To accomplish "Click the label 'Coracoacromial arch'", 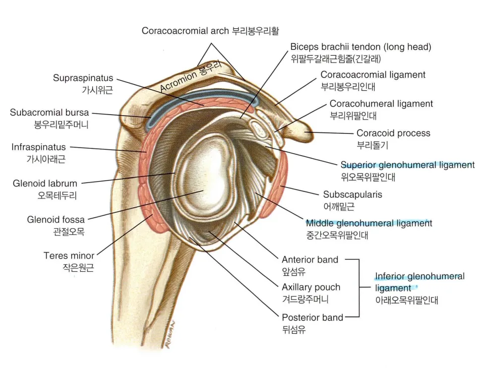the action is point(185,31).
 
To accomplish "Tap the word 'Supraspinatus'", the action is point(83,78).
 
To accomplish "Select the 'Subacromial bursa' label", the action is point(50,113).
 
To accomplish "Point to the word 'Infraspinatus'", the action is point(39,147).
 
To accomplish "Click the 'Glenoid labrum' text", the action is point(45,184).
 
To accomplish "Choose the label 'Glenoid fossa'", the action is point(56,219).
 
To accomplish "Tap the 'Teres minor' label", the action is point(69,255).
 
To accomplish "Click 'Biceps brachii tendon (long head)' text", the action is point(361,47).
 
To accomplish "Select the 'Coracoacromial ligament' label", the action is point(373,75).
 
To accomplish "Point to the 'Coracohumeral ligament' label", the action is point(381,104).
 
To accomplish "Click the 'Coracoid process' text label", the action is point(394,133).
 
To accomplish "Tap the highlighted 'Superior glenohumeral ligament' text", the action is point(408,165).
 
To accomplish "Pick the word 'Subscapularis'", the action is point(353,194).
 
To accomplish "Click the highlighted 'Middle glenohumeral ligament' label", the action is point(369,223).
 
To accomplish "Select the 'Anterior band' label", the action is point(310,260).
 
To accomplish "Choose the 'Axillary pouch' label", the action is point(311,287).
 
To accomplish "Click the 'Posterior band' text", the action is point(312,317).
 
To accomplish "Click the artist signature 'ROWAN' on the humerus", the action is point(171,334).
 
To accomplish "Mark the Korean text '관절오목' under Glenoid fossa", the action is point(69,232).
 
